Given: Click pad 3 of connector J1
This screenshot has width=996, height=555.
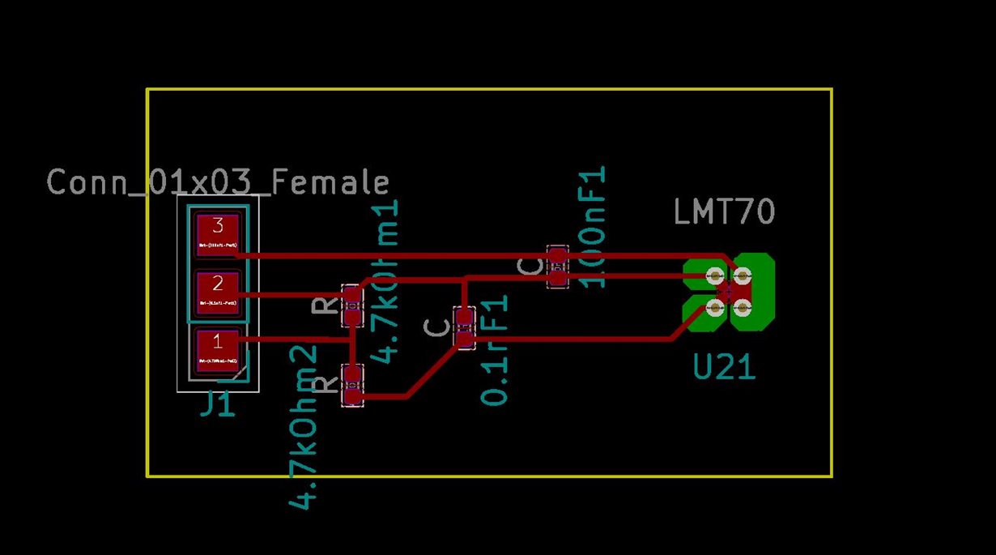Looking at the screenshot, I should click(218, 234).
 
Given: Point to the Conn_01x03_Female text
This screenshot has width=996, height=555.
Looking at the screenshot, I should click(218, 182).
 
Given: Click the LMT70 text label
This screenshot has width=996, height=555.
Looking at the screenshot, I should click(724, 212).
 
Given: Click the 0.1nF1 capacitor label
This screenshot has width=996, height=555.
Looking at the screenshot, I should click(495, 349).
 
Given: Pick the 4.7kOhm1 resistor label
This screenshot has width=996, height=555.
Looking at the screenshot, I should click(386, 280).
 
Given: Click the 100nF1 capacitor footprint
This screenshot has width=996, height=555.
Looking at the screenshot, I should click(557, 267).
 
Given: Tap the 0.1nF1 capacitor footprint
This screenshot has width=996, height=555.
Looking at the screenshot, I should click(464, 327).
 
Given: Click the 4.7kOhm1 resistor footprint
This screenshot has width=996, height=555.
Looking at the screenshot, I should click(351, 305).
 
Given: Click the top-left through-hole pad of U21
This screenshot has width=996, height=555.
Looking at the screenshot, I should click(714, 275).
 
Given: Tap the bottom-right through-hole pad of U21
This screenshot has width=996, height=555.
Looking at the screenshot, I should click(742, 306).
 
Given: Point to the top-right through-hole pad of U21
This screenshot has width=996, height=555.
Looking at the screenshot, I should click(742, 275).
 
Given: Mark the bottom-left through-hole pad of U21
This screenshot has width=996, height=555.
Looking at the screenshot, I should click(714, 306).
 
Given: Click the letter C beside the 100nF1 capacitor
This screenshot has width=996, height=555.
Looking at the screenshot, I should click(531, 267).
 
